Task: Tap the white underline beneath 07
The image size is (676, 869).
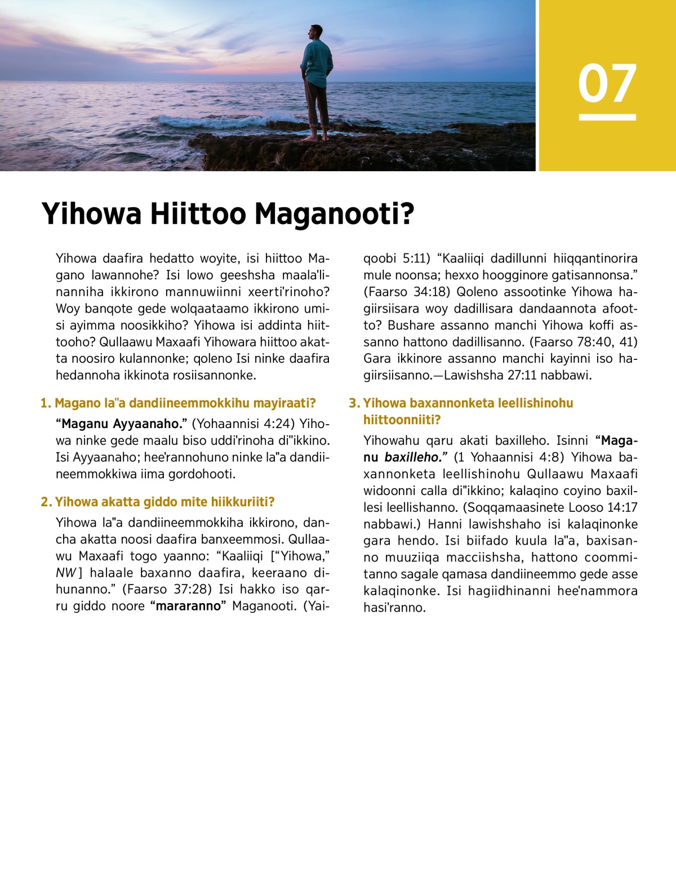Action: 607,117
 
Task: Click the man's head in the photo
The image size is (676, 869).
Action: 315,33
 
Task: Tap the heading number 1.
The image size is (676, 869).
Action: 45,403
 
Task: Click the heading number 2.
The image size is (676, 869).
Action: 46,502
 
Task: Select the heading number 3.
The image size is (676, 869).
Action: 354,403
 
